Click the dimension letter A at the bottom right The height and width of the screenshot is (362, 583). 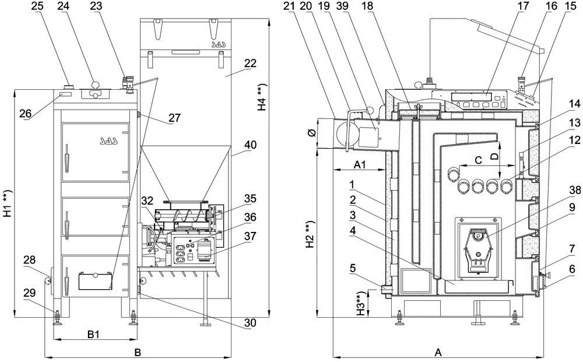(x=439, y=353)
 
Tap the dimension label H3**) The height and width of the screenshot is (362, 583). (x=363, y=303)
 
